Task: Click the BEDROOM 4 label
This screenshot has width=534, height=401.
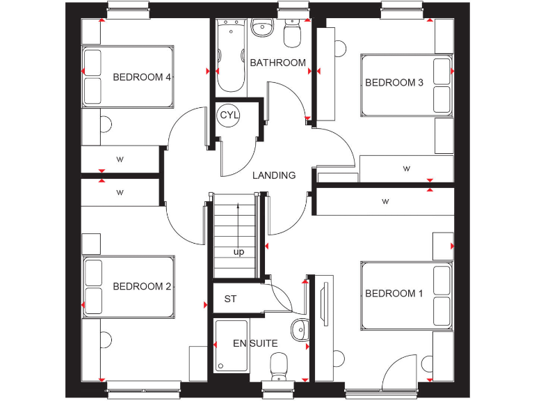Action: point(142,77)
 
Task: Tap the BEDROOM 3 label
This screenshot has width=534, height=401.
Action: point(394,83)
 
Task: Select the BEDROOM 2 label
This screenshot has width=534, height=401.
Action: point(142,286)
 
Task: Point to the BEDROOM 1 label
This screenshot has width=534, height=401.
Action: point(394,294)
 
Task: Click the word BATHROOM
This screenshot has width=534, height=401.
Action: point(277,63)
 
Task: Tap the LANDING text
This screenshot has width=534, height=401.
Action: point(273,175)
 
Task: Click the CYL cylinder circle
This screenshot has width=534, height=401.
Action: point(228,116)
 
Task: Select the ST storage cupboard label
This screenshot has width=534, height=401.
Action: point(230,299)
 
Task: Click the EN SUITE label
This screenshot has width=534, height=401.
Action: point(255,343)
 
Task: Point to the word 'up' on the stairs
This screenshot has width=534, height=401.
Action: point(239,251)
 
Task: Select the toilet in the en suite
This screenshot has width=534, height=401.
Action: point(280,364)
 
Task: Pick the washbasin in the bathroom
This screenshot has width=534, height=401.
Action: point(263,28)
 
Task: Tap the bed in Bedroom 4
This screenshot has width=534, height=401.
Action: point(127,77)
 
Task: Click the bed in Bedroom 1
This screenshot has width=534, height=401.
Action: point(407,294)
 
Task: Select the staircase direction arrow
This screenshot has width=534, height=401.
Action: point(239,223)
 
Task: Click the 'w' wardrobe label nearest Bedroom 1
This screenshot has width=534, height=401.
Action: point(385,202)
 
